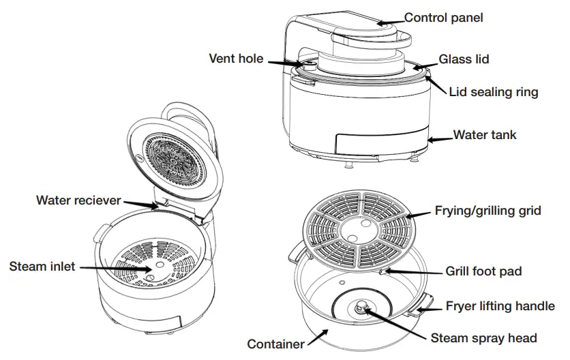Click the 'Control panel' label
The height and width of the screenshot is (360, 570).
pos(443,18)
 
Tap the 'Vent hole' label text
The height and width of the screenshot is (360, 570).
pos(235,59)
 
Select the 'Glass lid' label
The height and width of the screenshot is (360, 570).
pos(464,59)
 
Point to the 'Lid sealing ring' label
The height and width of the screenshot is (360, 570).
pos(494,91)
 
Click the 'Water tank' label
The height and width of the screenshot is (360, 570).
pos(485,134)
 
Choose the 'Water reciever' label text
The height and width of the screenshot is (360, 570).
pos(78,200)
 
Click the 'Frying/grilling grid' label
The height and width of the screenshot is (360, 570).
pos(488,211)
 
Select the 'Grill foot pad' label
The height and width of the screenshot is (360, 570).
pos(483,271)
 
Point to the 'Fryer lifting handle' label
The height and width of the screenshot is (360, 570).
pos(500,306)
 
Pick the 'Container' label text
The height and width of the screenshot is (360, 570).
pos(275,344)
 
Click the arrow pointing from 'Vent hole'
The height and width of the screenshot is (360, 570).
pos(284,63)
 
